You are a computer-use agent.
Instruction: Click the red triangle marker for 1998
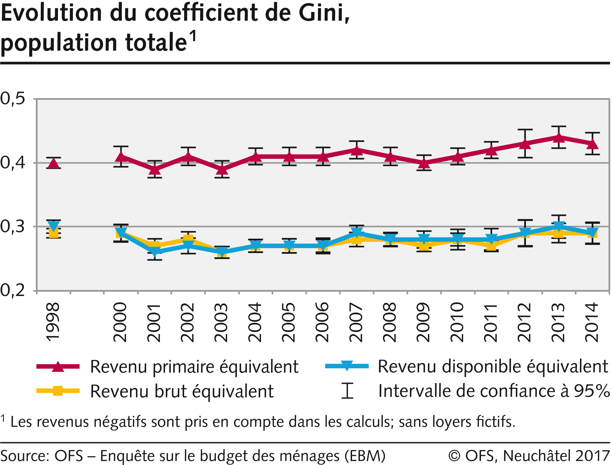(x=54, y=163)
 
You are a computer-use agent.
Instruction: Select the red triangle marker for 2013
(x=559, y=137)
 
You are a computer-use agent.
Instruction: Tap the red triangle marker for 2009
(x=424, y=163)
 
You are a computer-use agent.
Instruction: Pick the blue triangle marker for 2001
(x=155, y=251)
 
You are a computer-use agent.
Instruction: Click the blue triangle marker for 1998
(x=54, y=226)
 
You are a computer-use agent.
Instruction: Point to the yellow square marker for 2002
(x=188, y=239)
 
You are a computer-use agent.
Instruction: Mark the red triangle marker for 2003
(x=222, y=170)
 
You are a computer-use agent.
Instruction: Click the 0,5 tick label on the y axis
(x=13, y=99)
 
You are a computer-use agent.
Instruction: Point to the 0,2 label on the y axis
(x=13, y=291)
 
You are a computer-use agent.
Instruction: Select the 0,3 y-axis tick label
(x=13, y=227)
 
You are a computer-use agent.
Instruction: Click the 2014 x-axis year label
(x=592, y=322)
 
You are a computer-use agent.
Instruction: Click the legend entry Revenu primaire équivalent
(x=194, y=367)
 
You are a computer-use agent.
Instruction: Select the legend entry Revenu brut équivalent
(x=182, y=392)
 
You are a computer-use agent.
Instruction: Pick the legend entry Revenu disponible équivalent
(x=493, y=367)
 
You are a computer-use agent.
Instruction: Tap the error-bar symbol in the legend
(x=347, y=391)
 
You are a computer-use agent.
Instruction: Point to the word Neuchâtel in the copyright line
(x=536, y=456)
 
